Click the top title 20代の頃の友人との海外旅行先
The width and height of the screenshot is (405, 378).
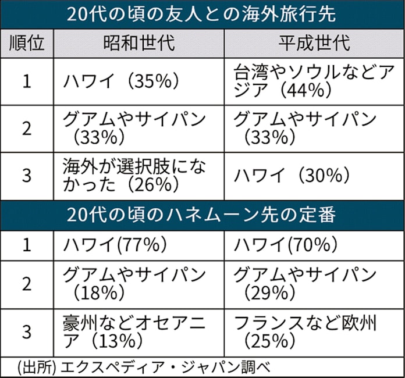pyautogui.click(x=202, y=15)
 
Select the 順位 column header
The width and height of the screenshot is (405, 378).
pyautogui.click(x=26, y=44)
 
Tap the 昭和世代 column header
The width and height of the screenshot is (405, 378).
pyautogui.click(x=138, y=44)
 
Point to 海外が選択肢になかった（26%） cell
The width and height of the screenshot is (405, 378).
pyautogui.click(x=134, y=176)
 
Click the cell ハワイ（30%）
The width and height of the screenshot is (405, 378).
pyautogui.click(x=291, y=176)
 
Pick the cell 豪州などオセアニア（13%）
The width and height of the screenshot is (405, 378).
pyautogui.click(x=134, y=330)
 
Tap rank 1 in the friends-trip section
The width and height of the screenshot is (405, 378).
pyautogui.click(x=26, y=81)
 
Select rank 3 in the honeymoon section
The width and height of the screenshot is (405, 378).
pyautogui.click(x=26, y=330)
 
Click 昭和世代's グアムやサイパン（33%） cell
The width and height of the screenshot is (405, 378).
pyautogui.click(x=134, y=129)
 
